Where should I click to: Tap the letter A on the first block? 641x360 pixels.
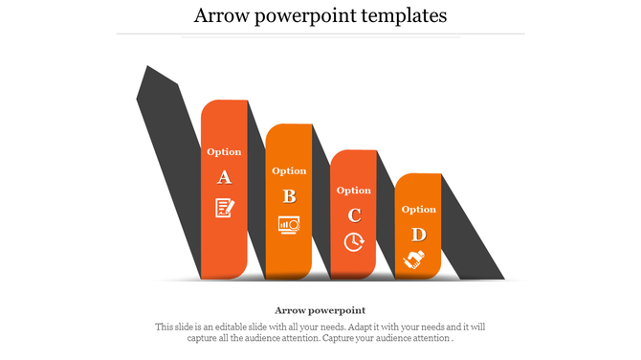coord(224,177)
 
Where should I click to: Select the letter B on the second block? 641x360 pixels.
coord(289,196)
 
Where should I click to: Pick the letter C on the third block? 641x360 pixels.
coord(354,215)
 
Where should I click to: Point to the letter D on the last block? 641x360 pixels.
coord(418,235)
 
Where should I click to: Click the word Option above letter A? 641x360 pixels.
coord(224,151)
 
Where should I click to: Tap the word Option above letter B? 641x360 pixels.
coord(289,170)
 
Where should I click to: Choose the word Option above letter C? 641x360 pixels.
coord(354,190)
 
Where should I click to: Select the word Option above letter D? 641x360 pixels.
coord(418,209)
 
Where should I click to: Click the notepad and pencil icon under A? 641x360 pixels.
coord(224,207)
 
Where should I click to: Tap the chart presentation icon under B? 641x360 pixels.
coord(289,224)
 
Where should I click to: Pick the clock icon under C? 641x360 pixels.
coord(354,241)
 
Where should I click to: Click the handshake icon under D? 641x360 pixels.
coord(415,259)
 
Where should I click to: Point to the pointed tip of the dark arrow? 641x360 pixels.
coord(147,69)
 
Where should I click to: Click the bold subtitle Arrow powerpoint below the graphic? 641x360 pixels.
coord(320,310)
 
